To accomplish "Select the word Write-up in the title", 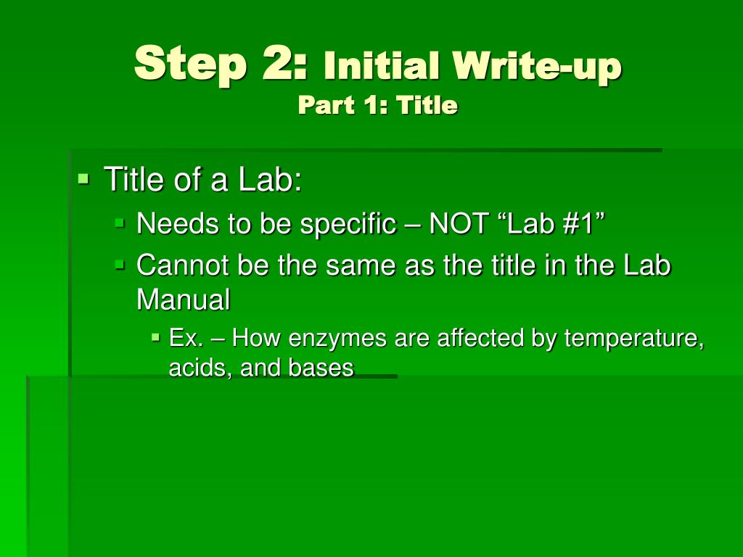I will pyautogui.click(x=538, y=67).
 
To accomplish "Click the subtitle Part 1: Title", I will pyautogui.click(x=378, y=106).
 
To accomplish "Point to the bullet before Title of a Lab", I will pyautogui.click(x=83, y=177).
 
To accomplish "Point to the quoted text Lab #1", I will pyautogui.click(x=549, y=224).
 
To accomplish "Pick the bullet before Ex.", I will pyautogui.click(x=156, y=337).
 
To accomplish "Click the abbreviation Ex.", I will pyautogui.click(x=185, y=338).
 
